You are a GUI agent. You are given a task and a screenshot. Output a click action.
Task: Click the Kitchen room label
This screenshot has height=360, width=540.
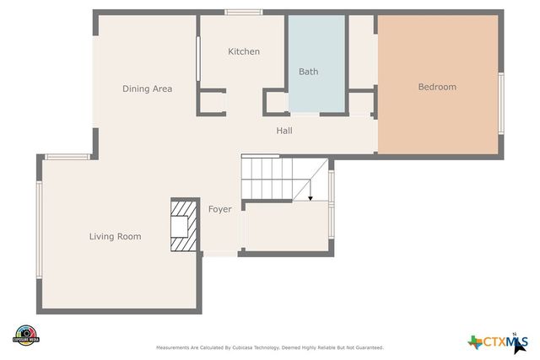click(x=244, y=51)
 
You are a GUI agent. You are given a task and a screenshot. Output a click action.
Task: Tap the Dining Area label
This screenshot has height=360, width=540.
click(x=147, y=89)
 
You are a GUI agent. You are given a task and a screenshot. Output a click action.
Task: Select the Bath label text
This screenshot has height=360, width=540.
click(x=308, y=72)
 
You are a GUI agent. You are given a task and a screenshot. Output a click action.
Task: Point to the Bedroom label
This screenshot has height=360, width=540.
click(x=437, y=87)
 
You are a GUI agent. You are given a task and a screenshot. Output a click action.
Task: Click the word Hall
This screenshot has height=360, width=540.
click(x=284, y=131)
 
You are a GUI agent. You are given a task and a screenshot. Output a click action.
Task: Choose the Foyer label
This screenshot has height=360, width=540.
click(x=219, y=209)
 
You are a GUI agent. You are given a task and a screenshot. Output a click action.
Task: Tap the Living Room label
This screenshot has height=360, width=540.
click(x=115, y=237)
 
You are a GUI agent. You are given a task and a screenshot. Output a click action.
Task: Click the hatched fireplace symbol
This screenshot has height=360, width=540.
click(x=183, y=225)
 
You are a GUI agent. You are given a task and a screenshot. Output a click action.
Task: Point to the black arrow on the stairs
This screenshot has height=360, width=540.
click(x=310, y=198)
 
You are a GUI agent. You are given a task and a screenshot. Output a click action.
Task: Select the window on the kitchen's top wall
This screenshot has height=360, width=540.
click(x=243, y=12)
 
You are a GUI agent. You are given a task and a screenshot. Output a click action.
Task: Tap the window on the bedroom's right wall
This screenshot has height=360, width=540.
click(x=501, y=102)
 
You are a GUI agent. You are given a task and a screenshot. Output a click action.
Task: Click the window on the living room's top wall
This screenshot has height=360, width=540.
click(x=67, y=156)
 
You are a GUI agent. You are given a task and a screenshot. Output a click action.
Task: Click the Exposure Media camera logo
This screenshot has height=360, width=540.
click(x=27, y=335)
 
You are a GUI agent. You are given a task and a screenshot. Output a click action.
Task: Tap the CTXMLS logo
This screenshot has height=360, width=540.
click(x=498, y=341)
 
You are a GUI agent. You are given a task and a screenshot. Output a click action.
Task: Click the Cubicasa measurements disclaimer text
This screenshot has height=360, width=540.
click(x=270, y=347)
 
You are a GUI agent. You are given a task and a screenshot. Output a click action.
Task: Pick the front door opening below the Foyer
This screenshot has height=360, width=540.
click(x=220, y=254)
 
